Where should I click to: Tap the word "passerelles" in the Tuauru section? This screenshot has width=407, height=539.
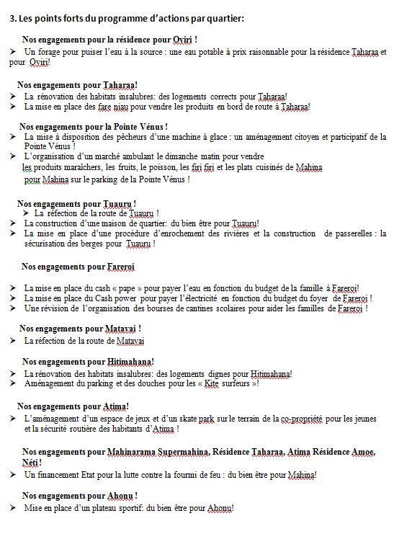click(x=354, y=233)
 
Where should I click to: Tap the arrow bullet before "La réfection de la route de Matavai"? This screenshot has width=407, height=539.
click(x=14, y=339)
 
